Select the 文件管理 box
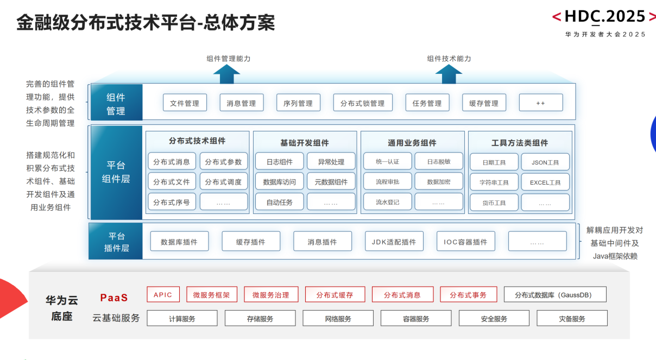point(185,103)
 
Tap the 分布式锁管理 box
point(362,103)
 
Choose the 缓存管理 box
point(484,103)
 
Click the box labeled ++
point(540,103)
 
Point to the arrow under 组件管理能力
point(226,74)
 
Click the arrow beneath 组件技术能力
point(449,74)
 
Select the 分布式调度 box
point(223,182)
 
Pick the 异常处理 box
point(331,162)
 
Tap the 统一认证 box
point(388,162)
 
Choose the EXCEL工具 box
point(545,182)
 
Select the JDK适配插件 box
point(394,242)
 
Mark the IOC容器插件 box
point(465,242)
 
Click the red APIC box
point(163,295)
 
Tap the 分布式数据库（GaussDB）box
point(555,295)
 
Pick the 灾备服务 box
point(572,319)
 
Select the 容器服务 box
point(416,319)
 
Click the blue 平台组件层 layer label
point(116,172)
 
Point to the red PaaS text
point(114,298)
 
